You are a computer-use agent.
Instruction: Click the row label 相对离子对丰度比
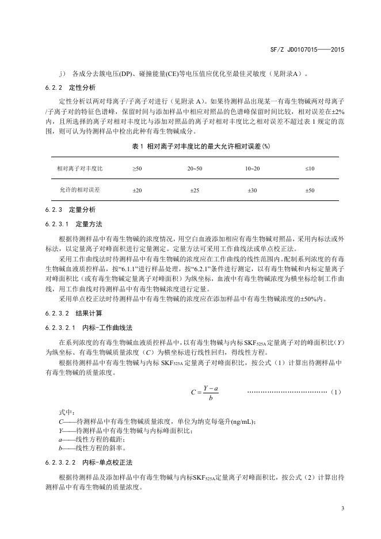[x=79, y=168]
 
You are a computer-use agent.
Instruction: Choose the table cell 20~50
[x=195, y=168]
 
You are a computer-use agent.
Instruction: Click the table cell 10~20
[x=252, y=168]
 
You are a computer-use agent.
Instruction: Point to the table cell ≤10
[x=310, y=168]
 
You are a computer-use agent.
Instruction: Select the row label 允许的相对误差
[x=79, y=189]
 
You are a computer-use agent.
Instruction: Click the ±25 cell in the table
[x=195, y=189]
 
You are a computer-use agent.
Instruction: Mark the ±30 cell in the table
[x=252, y=189]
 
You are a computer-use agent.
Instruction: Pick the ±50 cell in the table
[x=310, y=189]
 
